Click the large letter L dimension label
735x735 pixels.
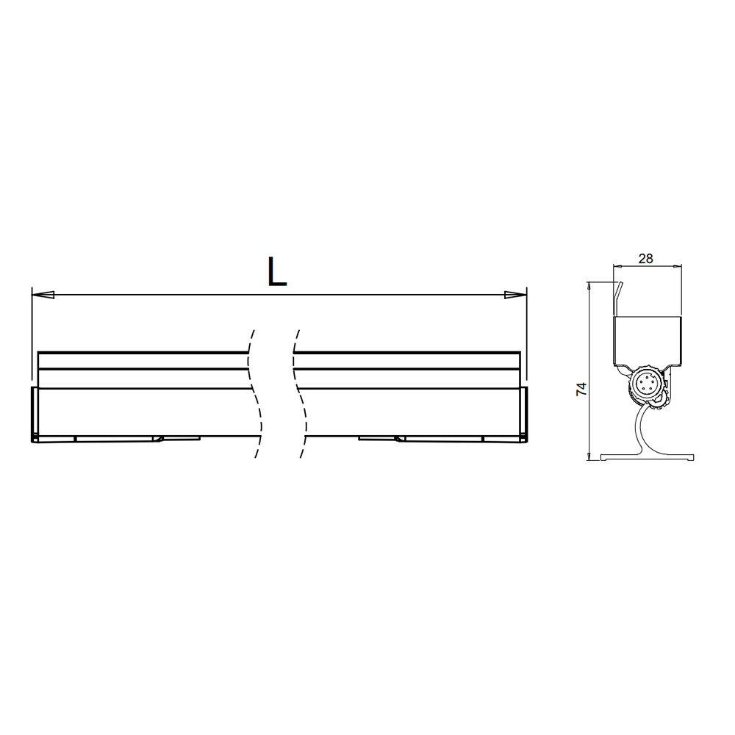276,271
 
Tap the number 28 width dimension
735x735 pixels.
645,258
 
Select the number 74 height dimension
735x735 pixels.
581,389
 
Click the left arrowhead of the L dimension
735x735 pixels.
43,295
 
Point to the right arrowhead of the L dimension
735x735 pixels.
516,295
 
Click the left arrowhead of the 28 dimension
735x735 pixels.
618,266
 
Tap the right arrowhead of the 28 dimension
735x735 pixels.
675,266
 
